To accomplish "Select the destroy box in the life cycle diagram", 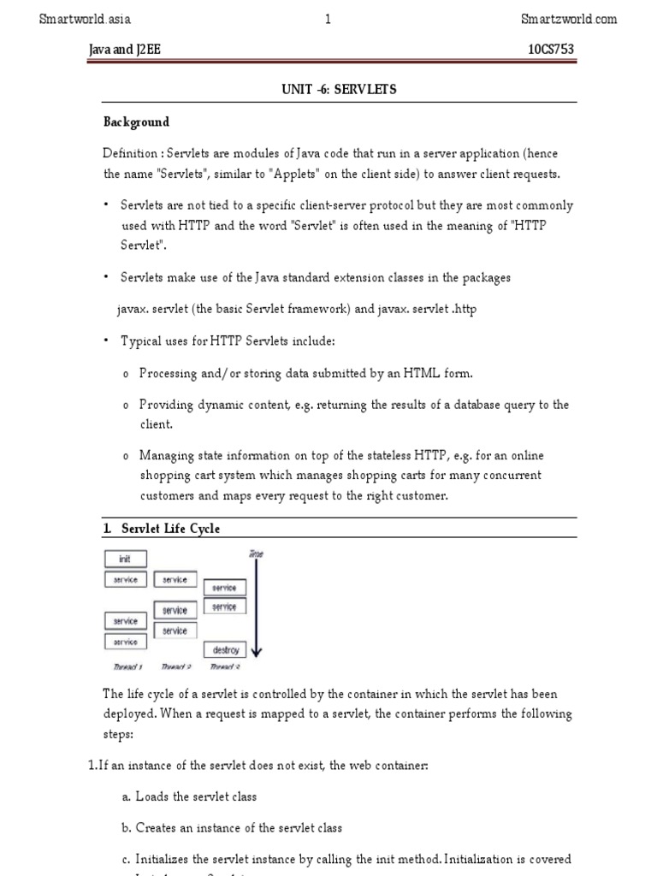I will (226, 650).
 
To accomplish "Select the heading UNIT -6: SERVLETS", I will (340, 89).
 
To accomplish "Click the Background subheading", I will (136, 121).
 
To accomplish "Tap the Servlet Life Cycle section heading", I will (170, 529).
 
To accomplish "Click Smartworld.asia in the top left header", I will (86, 19).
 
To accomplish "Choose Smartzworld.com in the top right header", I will (569, 19).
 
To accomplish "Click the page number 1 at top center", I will (328, 19).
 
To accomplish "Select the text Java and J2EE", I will (125, 50).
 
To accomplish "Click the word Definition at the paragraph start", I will (130, 153).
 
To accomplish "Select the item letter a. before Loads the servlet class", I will (126, 796).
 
